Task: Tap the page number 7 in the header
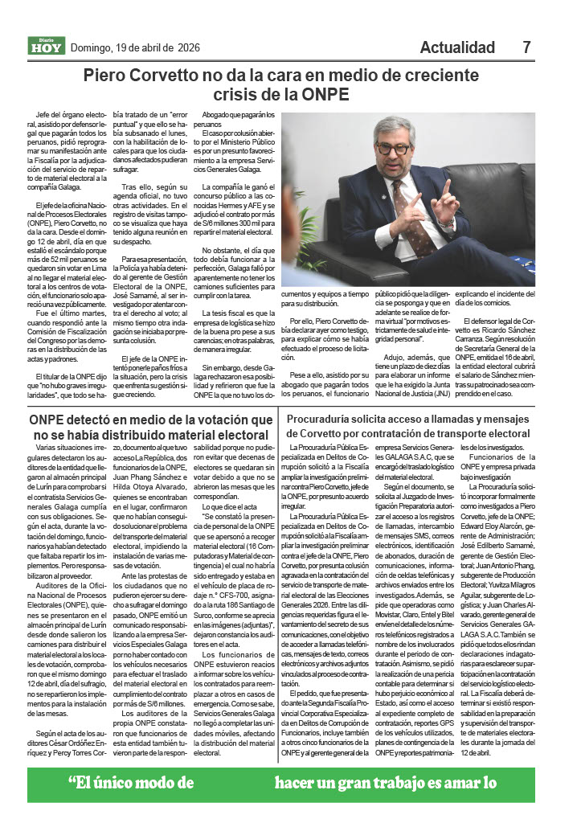(527, 47)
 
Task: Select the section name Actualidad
(457, 47)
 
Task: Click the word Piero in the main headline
(109, 77)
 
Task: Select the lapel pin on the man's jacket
(385, 198)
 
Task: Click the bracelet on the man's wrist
(448, 224)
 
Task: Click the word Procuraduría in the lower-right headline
(328, 418)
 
